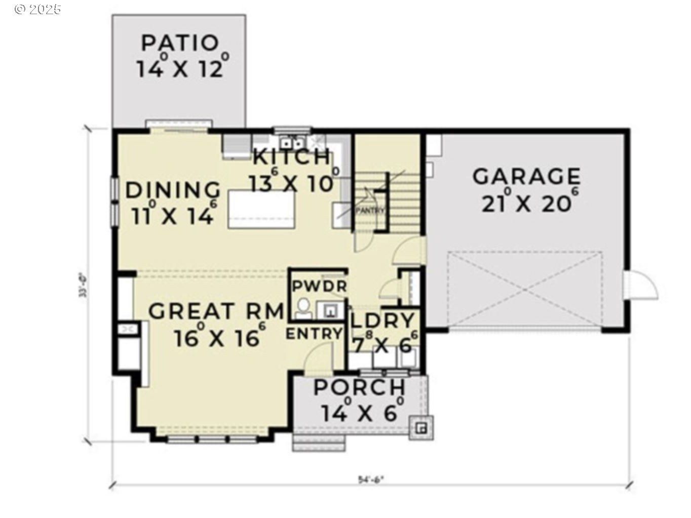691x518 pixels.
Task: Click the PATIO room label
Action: (x=179, y=43)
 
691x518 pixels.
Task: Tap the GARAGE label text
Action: (x=526, y=177)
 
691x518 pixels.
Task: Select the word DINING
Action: (x=173, y=190)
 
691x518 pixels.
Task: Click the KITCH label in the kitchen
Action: (x=291, y=157)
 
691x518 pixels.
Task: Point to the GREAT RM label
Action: (x=216, y=311)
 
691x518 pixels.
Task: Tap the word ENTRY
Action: (x=314, y=334)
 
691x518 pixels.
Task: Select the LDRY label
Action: (x=383, y=321)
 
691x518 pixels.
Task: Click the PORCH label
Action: (x=360, y=388)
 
